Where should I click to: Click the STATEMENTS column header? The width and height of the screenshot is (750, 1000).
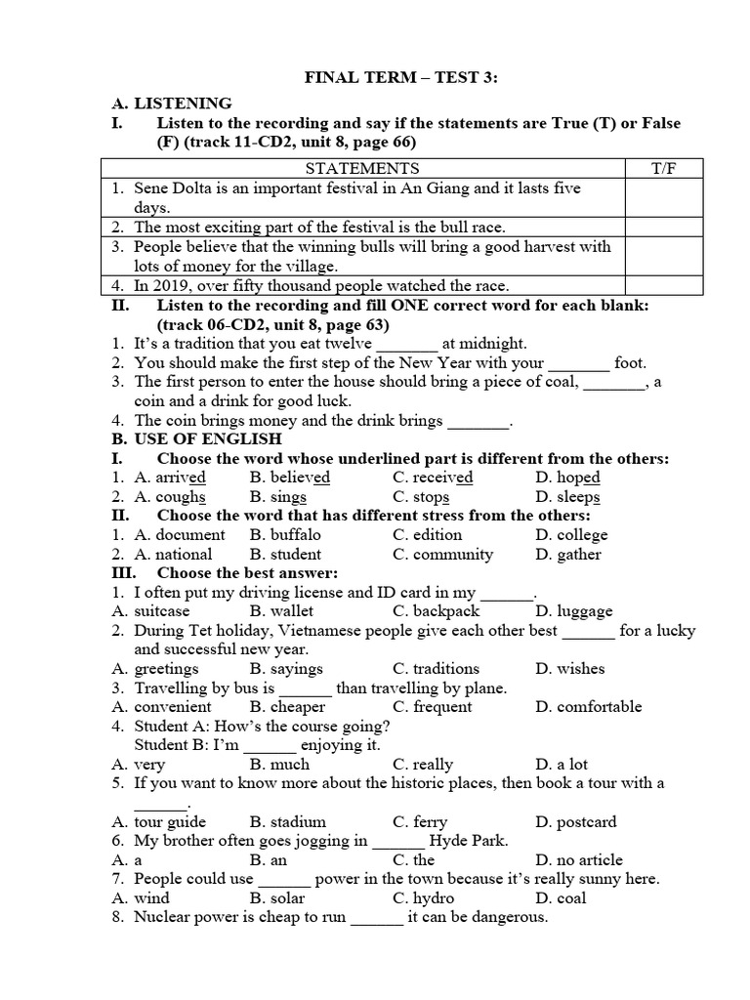click(360, 169)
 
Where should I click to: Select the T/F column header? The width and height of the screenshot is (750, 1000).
click(663, 169)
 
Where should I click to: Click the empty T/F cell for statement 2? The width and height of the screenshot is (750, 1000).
click(663, 227)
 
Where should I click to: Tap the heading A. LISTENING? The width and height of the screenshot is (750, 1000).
click(171, 103)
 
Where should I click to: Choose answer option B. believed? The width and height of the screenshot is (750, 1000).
click(289, 478)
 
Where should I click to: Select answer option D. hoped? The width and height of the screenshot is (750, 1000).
click(567, 478)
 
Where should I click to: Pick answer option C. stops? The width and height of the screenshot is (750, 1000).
click(421, 496)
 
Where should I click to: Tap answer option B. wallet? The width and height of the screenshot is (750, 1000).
click(278, 611)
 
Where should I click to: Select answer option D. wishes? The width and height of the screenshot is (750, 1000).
click(570, 669)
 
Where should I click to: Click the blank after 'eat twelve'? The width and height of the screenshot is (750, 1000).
click(407, 343)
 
